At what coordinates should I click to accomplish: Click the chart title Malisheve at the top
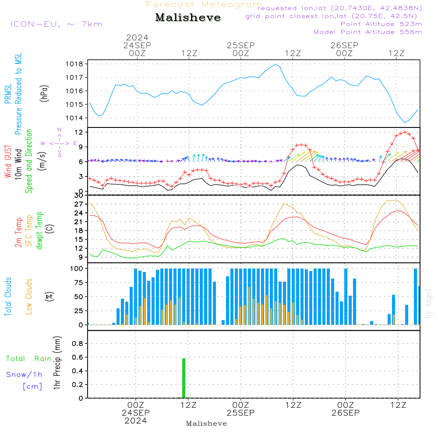tap(188, 18)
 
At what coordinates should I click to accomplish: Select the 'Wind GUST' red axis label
tap(8, 162)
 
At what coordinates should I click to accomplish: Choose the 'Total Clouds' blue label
tap(8, 297)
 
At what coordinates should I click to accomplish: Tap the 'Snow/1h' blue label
tap(25, 374)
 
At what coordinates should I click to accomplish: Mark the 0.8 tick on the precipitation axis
tap(77, 344)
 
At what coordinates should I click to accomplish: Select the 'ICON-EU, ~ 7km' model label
tap(56, 24)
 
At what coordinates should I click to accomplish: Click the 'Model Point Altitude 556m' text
tap(367, 32)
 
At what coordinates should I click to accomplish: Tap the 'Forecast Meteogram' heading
tap(204, 4)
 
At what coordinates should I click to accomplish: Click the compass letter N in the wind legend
tap(59, 130)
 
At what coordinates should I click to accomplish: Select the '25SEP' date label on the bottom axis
tap(240, 413)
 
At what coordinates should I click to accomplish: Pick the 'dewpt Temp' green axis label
tap(40, 231)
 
